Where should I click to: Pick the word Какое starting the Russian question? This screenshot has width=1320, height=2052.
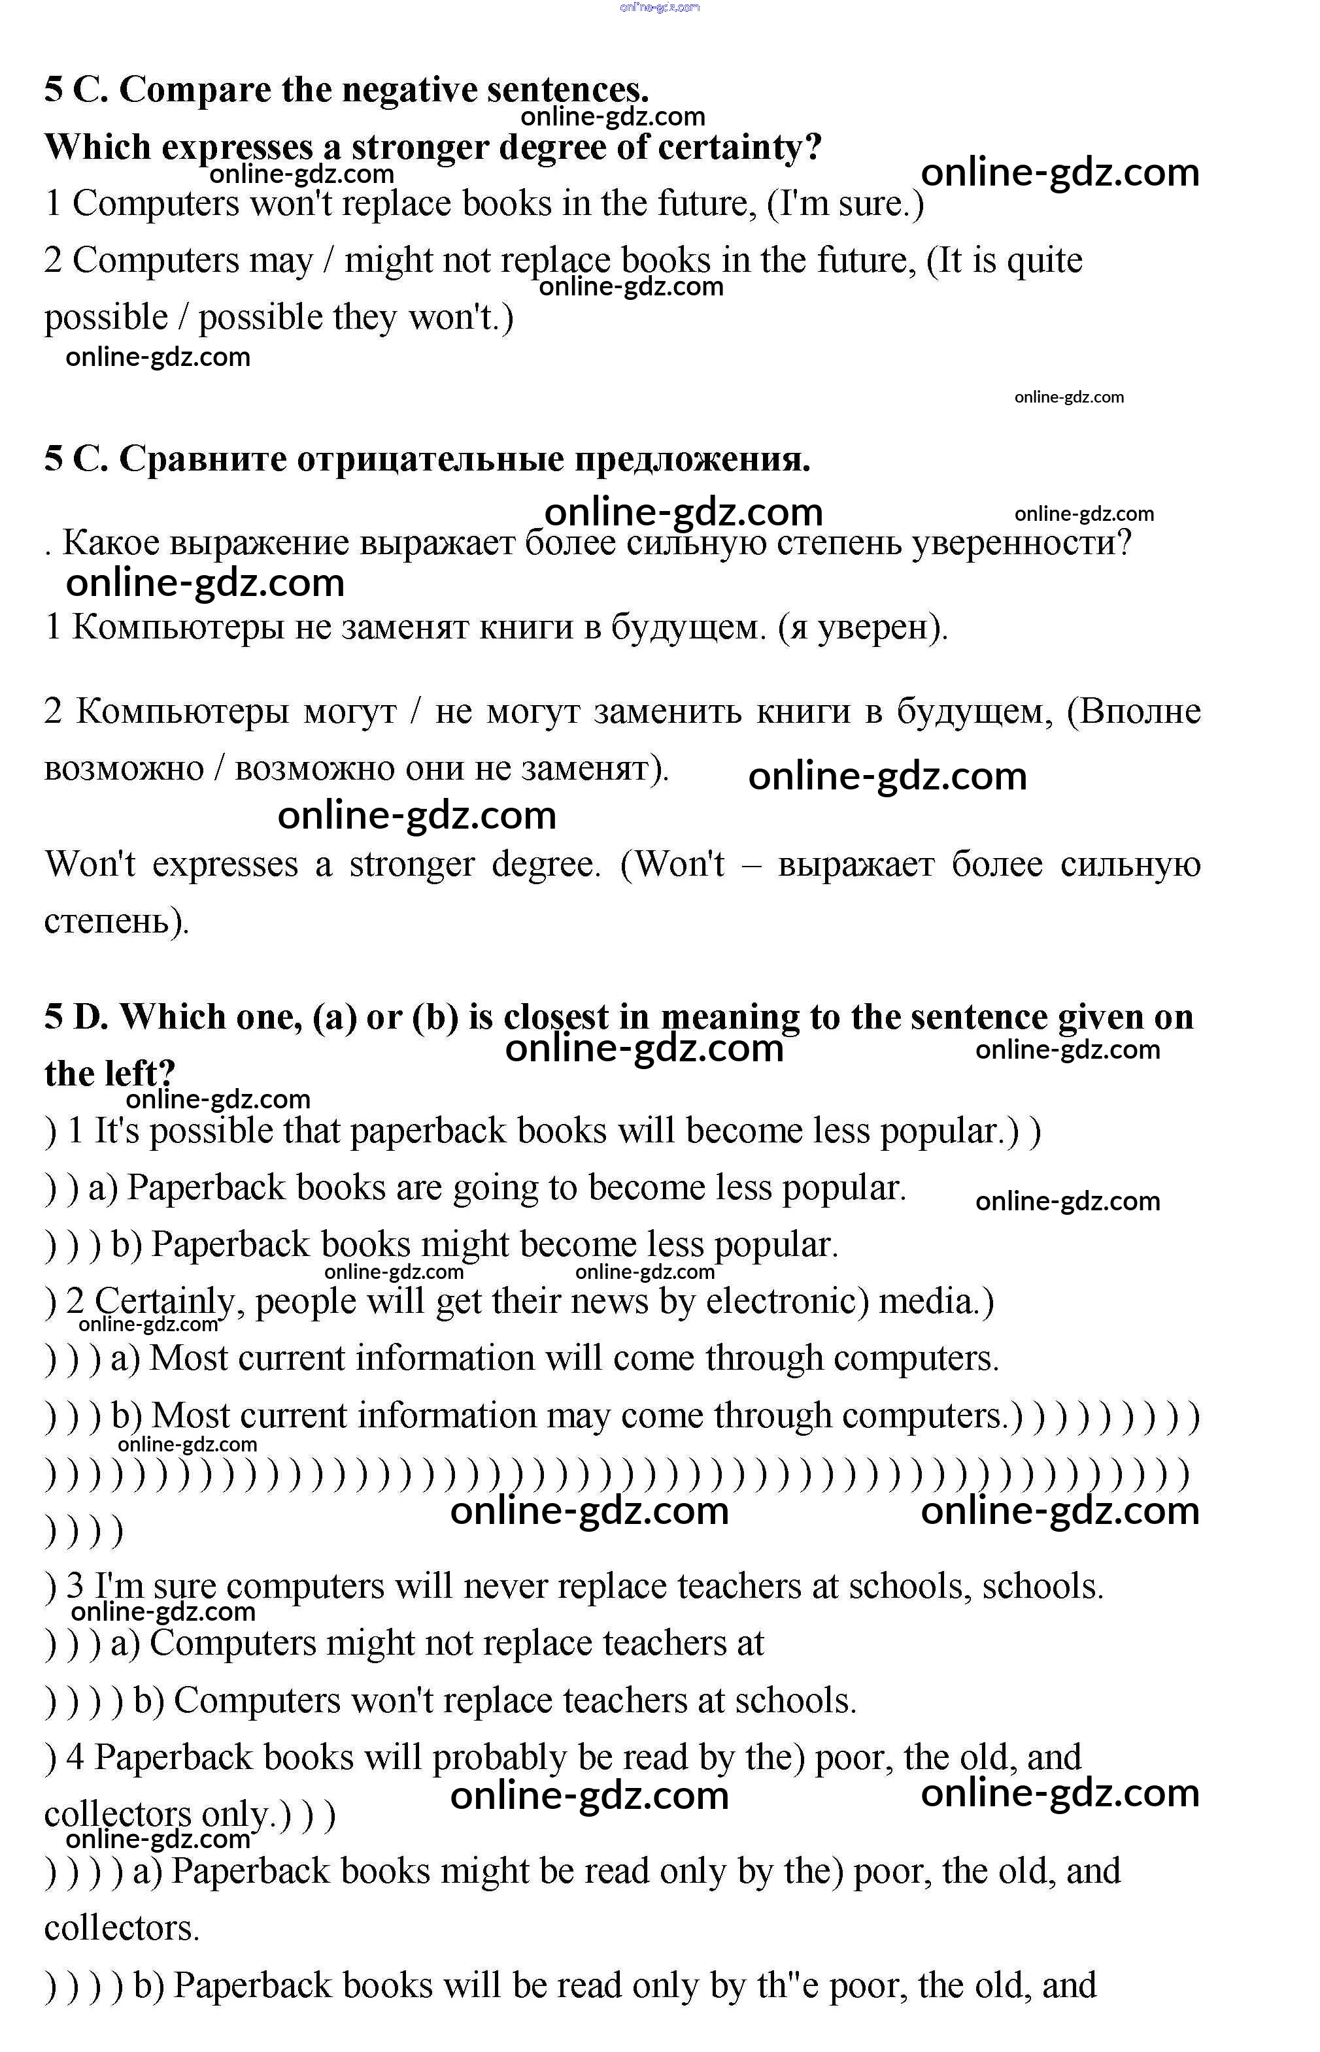(111, 543)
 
